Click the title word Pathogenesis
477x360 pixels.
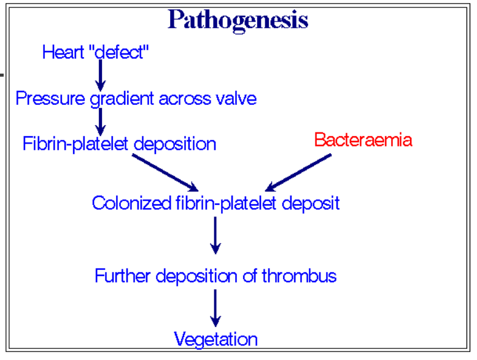(x=238, y=20)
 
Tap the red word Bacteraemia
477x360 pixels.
(x=363, y=140)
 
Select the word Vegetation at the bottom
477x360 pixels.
(x=215, y=339)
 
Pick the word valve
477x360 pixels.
(x=236, y=98)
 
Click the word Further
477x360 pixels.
(x=123, y=276)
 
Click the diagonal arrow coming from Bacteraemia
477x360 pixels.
(x=299, y=172)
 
